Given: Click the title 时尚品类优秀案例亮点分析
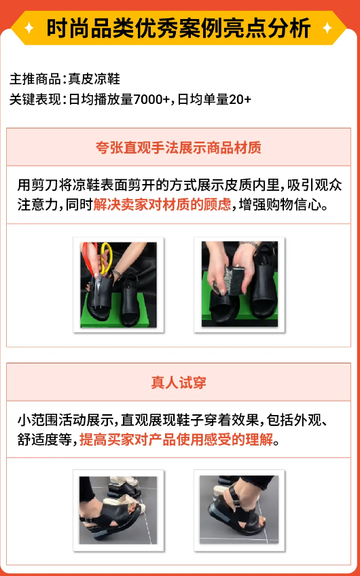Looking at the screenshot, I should pyautogui.click(x=179, y=29).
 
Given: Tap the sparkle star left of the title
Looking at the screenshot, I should pyautogui.click(x=30, y=29).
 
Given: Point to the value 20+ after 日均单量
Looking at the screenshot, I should pyautogui.click(x=240, y=99).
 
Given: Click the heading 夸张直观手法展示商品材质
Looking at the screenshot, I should pyautogui.click(x=179, y=147).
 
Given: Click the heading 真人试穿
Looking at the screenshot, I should pyautogui.click(x=179, y=383).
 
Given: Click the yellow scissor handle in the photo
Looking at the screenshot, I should pyautogui.click(x=106, y=259).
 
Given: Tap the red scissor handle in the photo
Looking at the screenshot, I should pyautogui.click(x=89, y=256).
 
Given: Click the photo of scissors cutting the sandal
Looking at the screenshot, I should pyautogui.click(x=119, y=285).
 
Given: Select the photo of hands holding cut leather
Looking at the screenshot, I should pyautogui.click(x=239, y=285).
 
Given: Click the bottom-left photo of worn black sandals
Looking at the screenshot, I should pyautogui.click(x=119, y=508).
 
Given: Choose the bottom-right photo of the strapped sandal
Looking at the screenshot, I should pyautogui.click(x=239, y=508).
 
